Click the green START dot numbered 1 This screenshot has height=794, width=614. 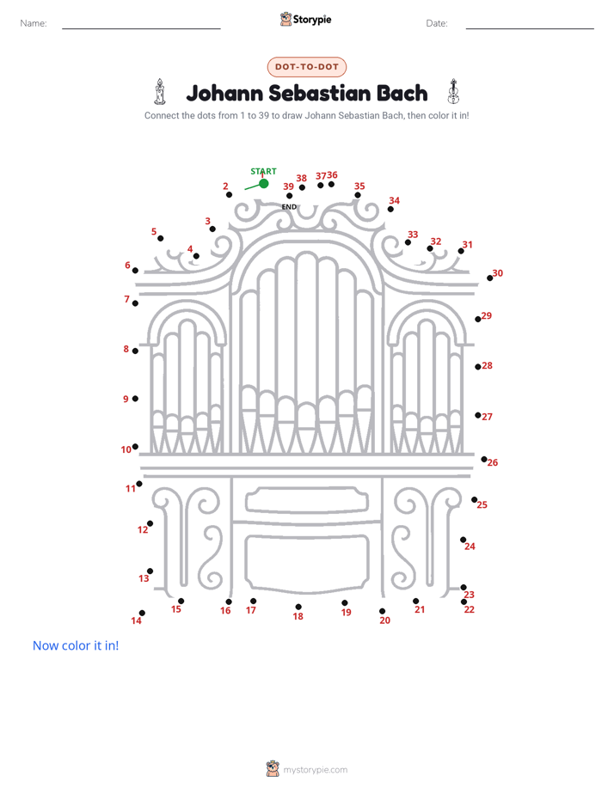263,183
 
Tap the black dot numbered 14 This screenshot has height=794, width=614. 143,613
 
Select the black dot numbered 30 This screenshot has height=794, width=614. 490,278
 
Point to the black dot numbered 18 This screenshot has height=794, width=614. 298,607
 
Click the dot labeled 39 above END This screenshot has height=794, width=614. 289,195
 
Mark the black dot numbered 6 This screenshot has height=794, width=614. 135,271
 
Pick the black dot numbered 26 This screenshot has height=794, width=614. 484,459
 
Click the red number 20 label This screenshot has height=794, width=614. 385,620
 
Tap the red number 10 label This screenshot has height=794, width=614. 126,449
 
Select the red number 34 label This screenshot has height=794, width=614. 394,200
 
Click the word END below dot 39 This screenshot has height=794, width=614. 289,206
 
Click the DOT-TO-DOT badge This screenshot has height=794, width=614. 307,67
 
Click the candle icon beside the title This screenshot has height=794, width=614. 160,92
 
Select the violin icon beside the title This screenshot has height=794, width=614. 453,92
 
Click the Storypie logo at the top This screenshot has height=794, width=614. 305,19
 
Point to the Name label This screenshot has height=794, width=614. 34,23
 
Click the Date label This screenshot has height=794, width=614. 437,23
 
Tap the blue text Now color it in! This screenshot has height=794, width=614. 76,645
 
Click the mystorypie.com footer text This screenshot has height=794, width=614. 315,770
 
